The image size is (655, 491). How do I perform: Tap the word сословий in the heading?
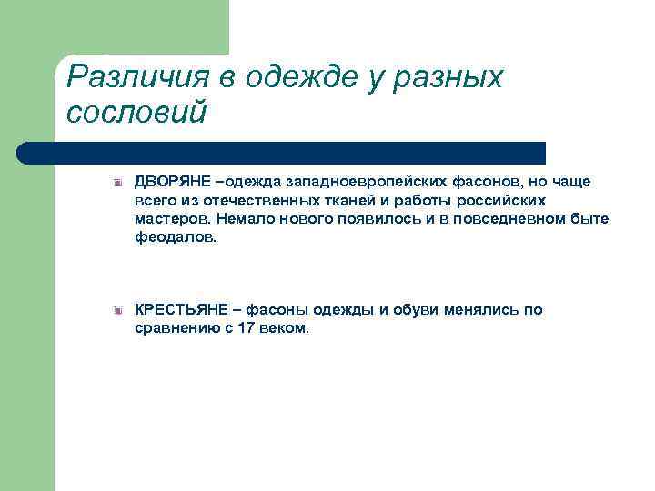pos(137,114)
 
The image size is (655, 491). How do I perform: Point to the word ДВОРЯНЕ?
pos(170,181)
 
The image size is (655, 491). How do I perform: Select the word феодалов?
pos(176,238)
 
